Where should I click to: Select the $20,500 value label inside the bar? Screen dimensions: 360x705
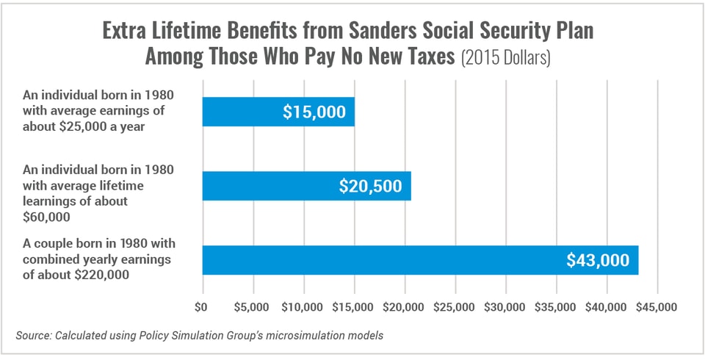[370, 186]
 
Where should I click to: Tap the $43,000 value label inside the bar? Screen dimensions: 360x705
[598, 260]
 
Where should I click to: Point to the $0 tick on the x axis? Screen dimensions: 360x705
[203, 305]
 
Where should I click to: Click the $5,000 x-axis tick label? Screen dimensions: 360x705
[253, 305]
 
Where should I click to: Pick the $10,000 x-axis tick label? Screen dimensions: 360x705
[303, 305]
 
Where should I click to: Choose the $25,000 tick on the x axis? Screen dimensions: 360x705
[455, 305]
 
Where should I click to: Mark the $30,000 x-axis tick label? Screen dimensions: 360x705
[505, 305]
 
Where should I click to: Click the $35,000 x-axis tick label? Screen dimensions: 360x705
[556, 305]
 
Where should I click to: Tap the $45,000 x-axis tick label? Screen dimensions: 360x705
[657, 305]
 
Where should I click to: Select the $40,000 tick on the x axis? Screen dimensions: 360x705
[607, 305]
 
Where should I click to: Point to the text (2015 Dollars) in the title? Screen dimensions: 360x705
[505, 58]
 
